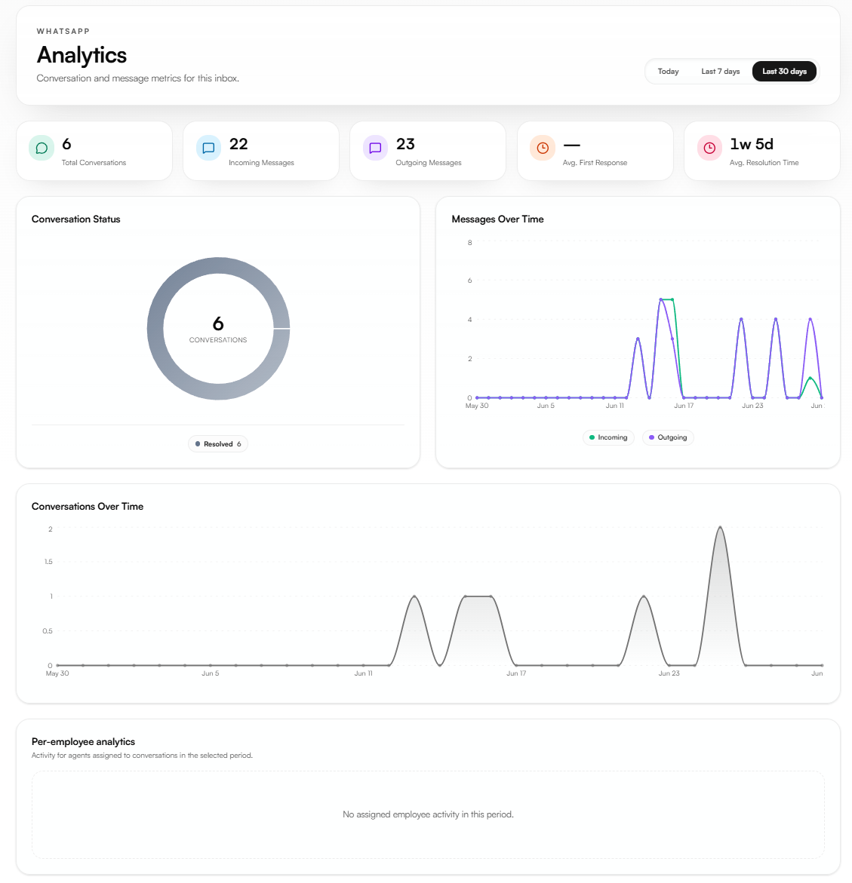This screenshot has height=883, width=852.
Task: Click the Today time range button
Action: pos(669,72)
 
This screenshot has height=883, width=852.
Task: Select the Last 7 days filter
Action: pos(720,72)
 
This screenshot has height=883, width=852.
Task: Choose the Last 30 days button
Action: pos(784,72)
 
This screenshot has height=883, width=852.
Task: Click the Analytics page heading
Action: pos(82,55)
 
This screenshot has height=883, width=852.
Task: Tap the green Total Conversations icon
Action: pos(42,148)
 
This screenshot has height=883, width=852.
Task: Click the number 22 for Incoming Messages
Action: pos(238,144)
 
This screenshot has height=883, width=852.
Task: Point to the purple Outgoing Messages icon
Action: pos(375,148)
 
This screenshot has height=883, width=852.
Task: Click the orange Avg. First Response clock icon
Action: pos(543,148)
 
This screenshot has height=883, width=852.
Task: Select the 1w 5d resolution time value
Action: pos(752,144)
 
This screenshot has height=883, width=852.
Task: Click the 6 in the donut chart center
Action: pos(218,323)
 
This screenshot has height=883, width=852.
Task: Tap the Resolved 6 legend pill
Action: pos(218,443)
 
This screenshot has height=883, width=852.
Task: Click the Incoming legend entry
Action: pos(608,437)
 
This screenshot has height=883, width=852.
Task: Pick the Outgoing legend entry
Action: pos(668,437)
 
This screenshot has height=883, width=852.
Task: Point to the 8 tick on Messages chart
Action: pos(470,243)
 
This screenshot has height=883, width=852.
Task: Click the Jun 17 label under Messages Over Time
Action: pos(684,406)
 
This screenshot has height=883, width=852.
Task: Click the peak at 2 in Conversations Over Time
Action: pos(720,527)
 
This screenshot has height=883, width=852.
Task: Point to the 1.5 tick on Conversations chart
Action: pos(48,562)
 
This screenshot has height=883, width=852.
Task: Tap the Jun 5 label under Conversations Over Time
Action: pos(211,673)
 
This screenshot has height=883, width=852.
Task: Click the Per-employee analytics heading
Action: pos(84,742)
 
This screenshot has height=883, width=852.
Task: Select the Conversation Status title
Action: pos(76,219)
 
